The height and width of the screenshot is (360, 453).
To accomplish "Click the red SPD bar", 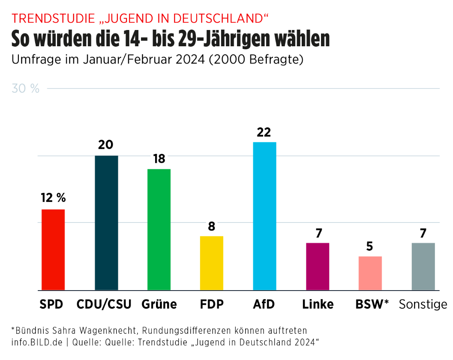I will pos(53,249).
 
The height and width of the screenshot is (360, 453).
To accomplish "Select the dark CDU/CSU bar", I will pos(106,223).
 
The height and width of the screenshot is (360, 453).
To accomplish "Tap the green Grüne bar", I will pos(159,229).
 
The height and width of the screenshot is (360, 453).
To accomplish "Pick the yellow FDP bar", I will pos(212,263).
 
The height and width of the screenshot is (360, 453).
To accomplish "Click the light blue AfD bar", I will pos(264,216).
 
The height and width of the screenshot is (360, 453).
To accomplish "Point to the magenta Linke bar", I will pos(318,266).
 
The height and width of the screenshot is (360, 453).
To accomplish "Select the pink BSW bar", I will pos(370,273).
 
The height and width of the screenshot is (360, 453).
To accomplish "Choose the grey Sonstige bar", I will pos(423,266).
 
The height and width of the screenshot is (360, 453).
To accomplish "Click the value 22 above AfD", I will pos(264,132).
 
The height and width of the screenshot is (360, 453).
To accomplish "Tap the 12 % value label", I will pos(53,198).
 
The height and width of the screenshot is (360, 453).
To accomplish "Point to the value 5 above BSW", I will pos(370,246).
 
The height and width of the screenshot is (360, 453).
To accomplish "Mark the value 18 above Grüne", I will pos(159,159).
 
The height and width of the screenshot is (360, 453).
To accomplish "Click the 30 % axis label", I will pos(26,89).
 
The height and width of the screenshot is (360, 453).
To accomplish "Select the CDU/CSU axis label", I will pos(104,304).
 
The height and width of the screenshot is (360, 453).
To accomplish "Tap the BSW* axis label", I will pos(372,304).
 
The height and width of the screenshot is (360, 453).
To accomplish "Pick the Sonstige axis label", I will pos(423,304).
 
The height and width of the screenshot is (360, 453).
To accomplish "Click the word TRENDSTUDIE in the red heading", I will pos(53,18).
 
